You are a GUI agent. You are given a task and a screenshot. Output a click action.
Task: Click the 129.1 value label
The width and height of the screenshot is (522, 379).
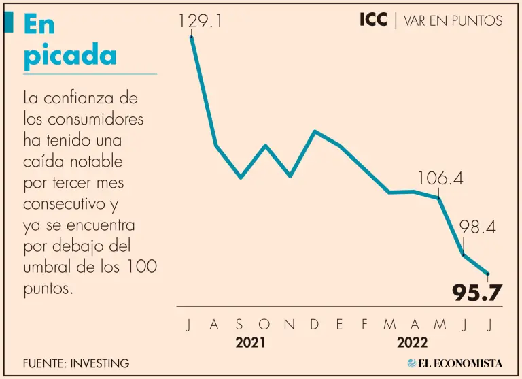pos(201,22)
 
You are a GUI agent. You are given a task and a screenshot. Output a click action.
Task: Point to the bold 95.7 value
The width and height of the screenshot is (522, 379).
pos(477,293)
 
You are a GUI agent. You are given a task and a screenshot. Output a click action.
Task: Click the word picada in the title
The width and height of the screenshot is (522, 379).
pos(70,56)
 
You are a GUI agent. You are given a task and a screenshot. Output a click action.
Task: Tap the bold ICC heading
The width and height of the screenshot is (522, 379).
pos(373,20)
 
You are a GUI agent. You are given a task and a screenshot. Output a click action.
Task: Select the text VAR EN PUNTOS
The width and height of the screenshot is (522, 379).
pos(453,21)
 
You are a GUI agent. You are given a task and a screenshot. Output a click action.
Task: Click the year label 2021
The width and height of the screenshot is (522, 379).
pos(251,343)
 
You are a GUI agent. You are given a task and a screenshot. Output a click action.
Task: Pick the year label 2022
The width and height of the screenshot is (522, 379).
pos(413,343)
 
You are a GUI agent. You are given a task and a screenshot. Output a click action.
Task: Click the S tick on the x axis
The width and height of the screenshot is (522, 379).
pos(239,325)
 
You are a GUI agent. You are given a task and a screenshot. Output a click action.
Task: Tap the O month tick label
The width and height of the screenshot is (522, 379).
pos(264,325)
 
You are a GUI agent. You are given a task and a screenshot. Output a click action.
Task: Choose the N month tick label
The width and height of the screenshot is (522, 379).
pos(289,325)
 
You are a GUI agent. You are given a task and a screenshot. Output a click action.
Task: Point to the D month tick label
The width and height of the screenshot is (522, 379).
pos(315,325)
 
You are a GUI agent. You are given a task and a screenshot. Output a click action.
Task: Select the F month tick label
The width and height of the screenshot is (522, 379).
pos(364,325)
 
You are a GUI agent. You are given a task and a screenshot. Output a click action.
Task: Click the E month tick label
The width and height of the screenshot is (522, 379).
pos(339,325)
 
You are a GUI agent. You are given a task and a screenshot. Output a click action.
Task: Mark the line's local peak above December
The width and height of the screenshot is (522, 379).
pos(315,131)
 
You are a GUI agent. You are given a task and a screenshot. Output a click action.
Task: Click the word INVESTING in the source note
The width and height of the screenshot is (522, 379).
pos(99,363)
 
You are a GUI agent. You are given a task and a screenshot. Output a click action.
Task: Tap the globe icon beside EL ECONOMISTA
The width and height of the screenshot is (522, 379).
pos(411,363)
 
